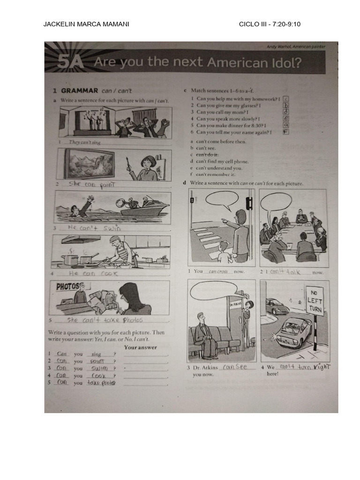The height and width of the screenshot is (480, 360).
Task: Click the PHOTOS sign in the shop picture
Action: click(71, 286)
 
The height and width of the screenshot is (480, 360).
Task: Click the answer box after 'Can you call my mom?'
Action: click(285, 112)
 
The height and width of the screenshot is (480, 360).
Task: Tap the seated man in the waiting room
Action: click(205, 333)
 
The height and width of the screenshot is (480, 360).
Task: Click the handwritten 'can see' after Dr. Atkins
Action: click(235, 367)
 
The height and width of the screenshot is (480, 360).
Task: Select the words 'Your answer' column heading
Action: click(141, 347)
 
